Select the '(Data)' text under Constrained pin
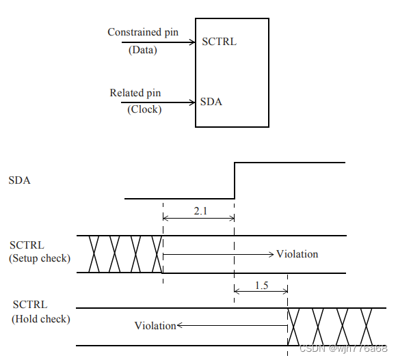142,50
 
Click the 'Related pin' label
135,93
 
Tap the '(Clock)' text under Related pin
144,109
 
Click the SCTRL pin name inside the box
219,42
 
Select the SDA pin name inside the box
211,102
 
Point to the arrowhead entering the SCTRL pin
192,42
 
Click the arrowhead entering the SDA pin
192,102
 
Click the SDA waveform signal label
19,181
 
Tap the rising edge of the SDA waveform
235,181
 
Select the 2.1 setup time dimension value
199,212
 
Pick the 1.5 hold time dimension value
261,285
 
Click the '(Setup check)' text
40,258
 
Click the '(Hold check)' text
41,318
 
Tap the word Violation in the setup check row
297,254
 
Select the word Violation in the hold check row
155,326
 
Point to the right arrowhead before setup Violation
271,254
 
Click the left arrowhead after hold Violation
181,326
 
